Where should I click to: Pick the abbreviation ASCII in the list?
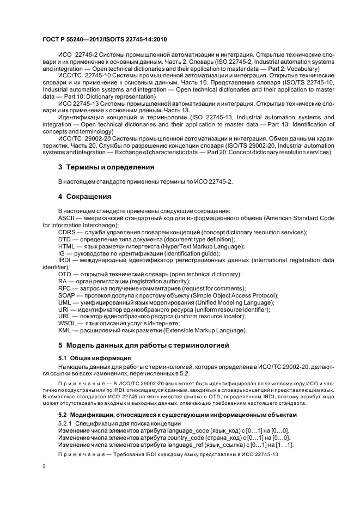coord(66,218)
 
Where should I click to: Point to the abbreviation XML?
coord(65,331)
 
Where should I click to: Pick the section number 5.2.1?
coord(65,423)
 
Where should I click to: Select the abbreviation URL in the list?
coord(65,317)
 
